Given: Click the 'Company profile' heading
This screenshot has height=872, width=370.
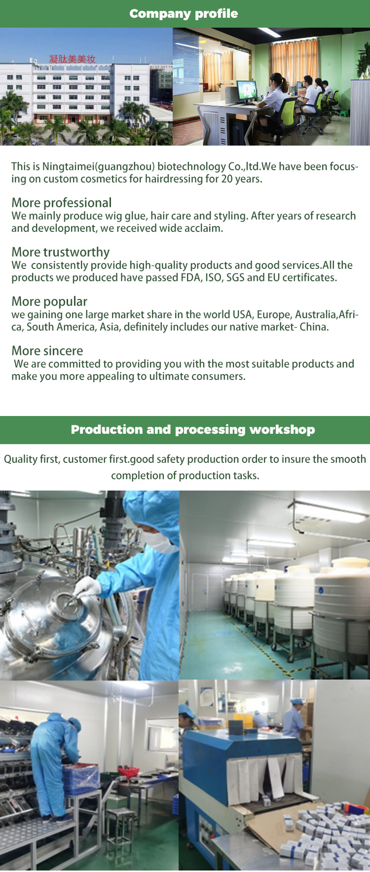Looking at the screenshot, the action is (x=184, y=13).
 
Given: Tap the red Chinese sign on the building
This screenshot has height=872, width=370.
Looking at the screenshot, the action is (x=72, y=59).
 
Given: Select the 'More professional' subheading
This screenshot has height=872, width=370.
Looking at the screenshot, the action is (x=62, y=203).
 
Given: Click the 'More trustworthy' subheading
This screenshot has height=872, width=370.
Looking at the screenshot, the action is (x=61, y=252).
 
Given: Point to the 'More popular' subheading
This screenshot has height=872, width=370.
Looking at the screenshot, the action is (x=49, y=302).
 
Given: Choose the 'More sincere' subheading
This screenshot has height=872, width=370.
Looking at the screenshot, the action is (x=47, y=351).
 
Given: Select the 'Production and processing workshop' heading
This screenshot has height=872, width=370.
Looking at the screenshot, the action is (x=193, y=429).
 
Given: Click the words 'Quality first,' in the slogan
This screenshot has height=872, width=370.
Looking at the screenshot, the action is (x=32, y=459).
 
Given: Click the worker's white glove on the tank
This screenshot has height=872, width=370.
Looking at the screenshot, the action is (x=88, y=586).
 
